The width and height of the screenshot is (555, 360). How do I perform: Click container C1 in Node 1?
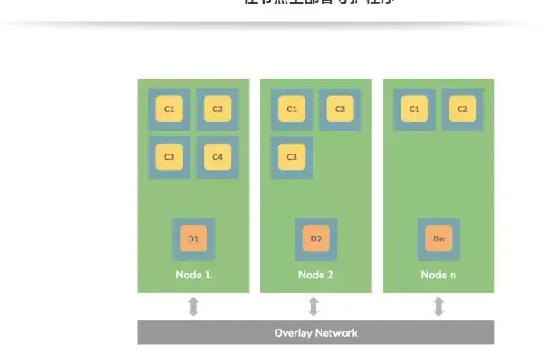click(169, 110)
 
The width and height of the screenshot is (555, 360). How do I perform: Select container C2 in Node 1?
click(217, 110)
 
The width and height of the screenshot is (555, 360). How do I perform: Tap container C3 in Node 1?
click(169, 157)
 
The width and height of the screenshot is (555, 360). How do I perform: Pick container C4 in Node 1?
click(217, 157)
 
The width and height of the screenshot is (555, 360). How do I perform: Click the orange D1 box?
click(193, 239)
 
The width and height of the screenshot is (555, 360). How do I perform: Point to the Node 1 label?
click(193, 275)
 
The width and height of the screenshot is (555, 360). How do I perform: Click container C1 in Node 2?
click(292, 110)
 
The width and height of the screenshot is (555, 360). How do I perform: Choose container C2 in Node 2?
click(339, 110)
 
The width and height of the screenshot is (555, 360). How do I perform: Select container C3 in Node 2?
click(292, 157)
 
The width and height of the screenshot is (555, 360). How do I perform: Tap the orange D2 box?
click(315, 239)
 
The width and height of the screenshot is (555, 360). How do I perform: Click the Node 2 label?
click(315, 275)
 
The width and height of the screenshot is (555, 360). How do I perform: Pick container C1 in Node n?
click(414, 110)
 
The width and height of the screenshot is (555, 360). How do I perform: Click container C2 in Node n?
click(462, 110)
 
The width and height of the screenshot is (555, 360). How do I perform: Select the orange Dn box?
click(438, 239)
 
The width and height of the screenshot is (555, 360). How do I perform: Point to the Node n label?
click(438, 275)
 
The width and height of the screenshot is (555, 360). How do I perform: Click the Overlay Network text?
click(315, 333)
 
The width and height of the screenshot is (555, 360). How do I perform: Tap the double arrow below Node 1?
click(193, 307)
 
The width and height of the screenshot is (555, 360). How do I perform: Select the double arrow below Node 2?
click(313, 307)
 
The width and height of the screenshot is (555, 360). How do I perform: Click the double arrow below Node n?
click(438, 307)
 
